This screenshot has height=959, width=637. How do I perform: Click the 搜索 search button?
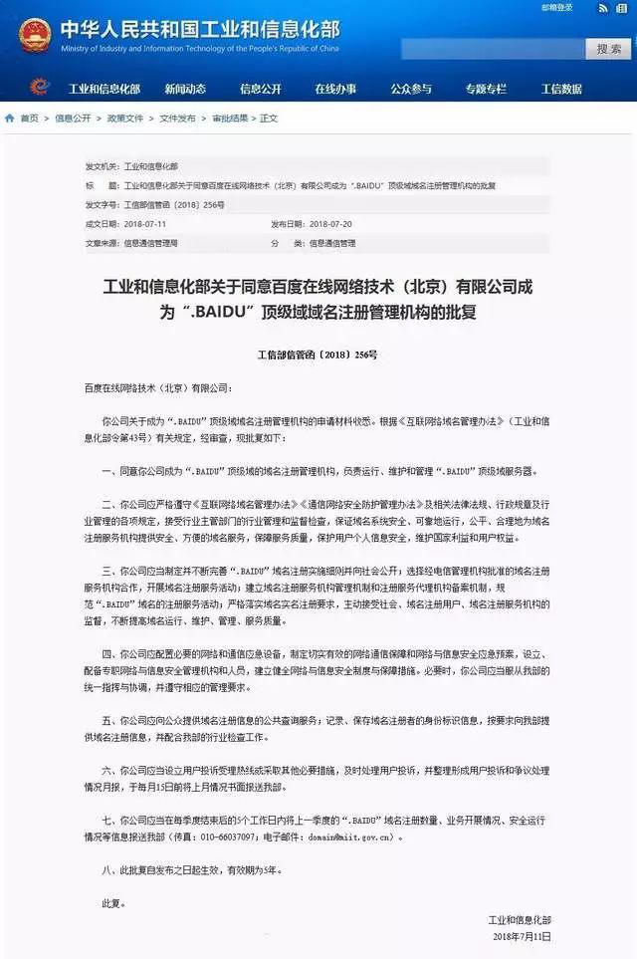coord(609,48)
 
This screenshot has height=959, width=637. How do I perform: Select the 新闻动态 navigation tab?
coord(185,89)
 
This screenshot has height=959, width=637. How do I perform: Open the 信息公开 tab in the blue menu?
coord(261,89)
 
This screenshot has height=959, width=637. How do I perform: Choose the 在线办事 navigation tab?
coord(335,89)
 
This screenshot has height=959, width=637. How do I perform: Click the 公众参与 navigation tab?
coord(411,89)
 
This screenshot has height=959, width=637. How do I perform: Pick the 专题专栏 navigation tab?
coord(486,89)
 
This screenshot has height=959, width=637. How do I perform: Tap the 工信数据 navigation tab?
coord(561,89)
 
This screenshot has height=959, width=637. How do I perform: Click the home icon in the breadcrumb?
coord(10,119)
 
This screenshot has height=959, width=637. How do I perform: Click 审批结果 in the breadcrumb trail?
coord(230,119)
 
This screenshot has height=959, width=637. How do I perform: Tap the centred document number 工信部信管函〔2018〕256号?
coord(318,355)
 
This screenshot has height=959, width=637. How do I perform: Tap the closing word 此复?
coord(113,903)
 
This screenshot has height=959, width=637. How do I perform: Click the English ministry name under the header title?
coord(200,47)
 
